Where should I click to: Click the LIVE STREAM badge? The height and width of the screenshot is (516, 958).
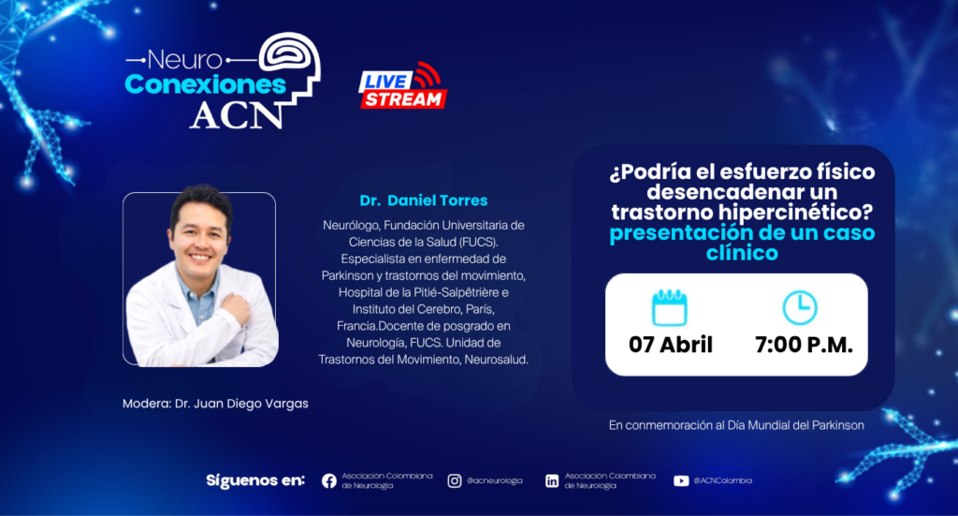coord(402,86)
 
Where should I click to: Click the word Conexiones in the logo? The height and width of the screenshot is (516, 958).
coord(205,85)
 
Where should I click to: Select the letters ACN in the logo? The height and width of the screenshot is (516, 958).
coord(236,114)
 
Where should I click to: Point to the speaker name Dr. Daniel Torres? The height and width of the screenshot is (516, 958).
coord(424,200)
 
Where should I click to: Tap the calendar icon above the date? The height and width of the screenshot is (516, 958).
coord(670,307)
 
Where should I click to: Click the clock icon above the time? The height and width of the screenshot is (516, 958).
coord(800,307)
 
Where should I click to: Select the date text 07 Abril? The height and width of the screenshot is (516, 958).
coord(671,345)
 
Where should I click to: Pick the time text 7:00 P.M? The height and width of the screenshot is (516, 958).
coord(804,345)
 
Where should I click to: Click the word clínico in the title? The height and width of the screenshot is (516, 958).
coord(742,253)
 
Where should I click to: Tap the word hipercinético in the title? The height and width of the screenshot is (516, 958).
coord(797,213)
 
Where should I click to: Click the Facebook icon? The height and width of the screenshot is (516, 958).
coord(328,481)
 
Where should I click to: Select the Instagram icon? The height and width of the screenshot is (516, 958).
coord(455,481)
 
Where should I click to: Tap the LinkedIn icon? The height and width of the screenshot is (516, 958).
coord(552,481)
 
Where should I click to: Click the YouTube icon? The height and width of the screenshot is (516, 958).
coord(681,481)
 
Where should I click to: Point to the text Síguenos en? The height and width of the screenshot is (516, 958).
coord(254,480)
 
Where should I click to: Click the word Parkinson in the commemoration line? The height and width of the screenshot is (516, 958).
coord(837,425)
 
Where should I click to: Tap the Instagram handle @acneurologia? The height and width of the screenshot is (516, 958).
coord(495,480)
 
